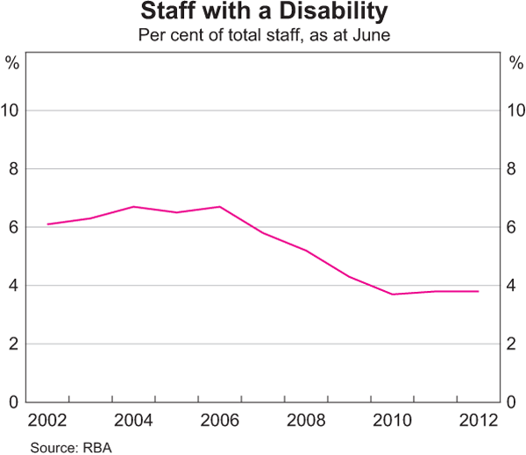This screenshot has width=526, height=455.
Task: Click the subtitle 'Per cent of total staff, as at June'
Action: [x=263, y=37]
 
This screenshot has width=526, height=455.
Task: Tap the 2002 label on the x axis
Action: [x=47, y=420]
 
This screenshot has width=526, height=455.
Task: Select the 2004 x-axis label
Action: [x=133, y=420]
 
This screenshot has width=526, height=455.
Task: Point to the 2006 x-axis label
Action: [x=219, y=420]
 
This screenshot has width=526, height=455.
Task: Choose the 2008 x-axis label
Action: [x=305, y=420]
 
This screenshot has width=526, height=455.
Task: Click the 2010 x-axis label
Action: [x=391, y=420]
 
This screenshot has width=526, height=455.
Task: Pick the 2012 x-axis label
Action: [x=477, y=420]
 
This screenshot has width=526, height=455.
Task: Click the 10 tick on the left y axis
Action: [x=12, y=110]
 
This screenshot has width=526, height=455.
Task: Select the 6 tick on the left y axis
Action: [x=12, y=227]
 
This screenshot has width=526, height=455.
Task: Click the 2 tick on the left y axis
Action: [x=12, y=344]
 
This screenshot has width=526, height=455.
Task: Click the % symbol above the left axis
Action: [x=12, y=62]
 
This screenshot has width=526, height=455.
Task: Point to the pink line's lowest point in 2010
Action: [x=392, y=294]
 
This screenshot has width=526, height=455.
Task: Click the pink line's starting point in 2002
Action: [x=47, y=224]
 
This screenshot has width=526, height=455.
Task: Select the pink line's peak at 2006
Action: [x=219, y=207]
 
